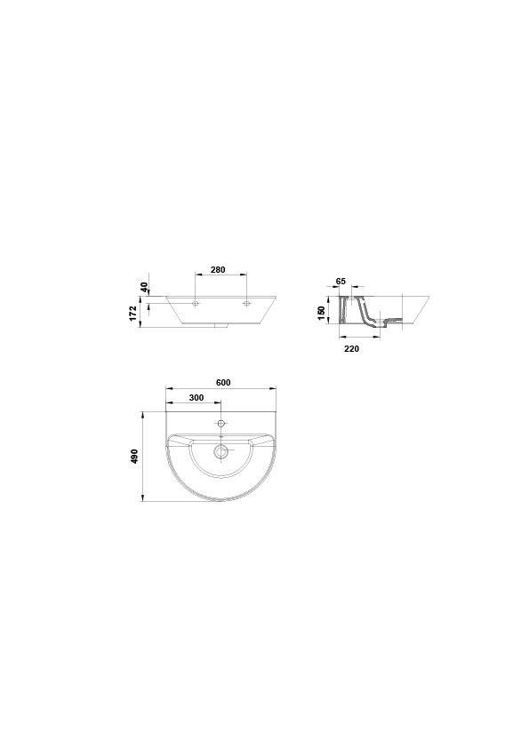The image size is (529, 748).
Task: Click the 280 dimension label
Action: coord(218,270)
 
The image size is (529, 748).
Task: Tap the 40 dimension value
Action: coord(145,288)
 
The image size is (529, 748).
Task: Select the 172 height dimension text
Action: coord(133,314)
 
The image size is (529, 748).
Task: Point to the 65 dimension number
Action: coord(341,282)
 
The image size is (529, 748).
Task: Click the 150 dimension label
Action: coord(321,314)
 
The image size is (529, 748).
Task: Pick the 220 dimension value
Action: coord(351,349)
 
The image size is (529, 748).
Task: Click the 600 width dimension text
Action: coord(223,383)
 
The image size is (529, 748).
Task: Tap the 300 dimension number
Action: coord(196,398)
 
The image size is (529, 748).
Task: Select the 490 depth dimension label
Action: coord(134,457)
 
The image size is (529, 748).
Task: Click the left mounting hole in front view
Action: coord(196,304)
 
